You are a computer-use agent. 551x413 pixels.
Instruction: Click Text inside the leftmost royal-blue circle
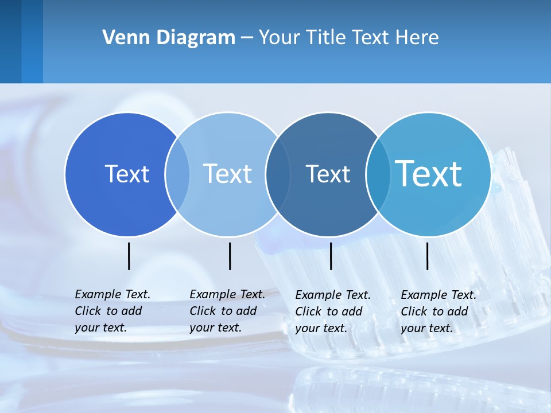pos(127,174)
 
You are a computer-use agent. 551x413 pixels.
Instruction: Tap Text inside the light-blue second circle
pos(227,174)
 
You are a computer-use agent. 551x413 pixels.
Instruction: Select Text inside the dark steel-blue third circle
pos(328,174)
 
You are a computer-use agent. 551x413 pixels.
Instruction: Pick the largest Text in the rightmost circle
pos(429,173)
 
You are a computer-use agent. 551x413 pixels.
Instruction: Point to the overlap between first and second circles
pos(177,174)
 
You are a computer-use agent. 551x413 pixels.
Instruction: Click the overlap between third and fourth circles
pos(377,174)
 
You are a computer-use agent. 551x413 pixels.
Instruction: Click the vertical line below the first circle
pos(129,256)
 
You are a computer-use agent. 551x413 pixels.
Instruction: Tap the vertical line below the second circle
pos(230,256)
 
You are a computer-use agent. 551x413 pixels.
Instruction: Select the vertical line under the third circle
pos(331,256)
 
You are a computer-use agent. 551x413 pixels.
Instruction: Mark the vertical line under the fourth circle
pos(428,256)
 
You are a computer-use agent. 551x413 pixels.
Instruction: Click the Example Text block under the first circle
pos(112,311)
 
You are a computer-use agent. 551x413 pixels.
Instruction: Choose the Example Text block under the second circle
pos(227,311)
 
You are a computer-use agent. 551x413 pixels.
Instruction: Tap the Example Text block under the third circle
pos(333,311)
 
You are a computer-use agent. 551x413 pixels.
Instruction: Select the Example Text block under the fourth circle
pos(439,311)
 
